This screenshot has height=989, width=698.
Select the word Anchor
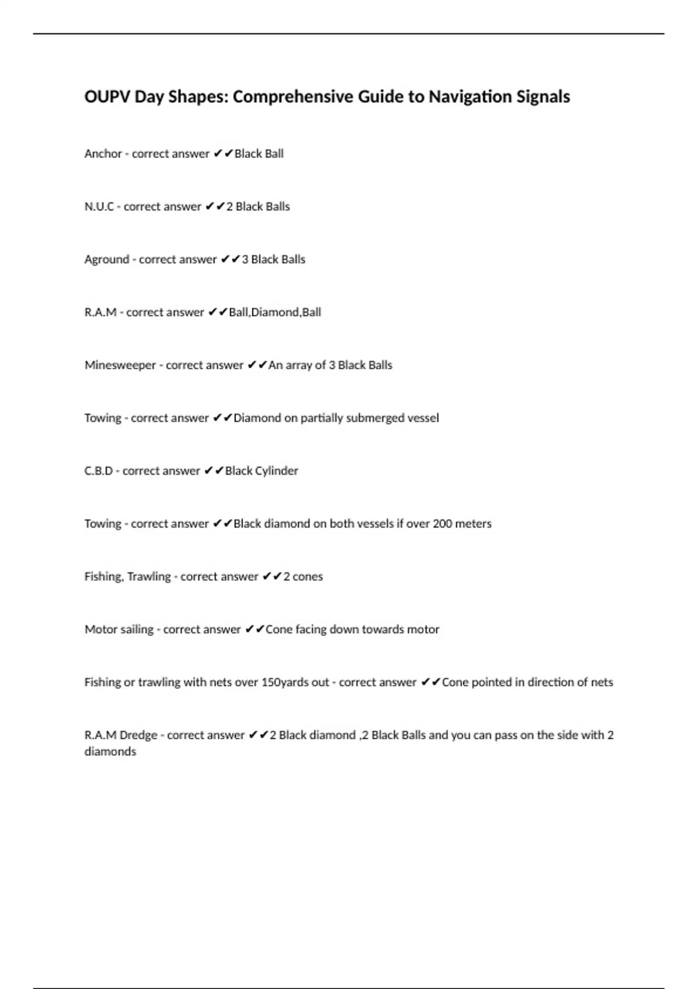click(103, 154)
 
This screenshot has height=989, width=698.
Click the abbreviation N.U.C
click(99, 207)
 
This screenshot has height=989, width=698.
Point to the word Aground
click(106, 259)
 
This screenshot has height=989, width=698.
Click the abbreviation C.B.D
click(98, 471)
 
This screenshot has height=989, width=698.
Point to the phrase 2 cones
click(302, 577)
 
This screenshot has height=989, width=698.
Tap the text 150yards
click(295, 682)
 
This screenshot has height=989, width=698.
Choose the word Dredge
click(138, 735)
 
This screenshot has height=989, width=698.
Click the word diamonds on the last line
click(110, 752)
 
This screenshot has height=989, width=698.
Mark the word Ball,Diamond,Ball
click(275, 312)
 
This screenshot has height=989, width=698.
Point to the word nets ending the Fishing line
click(601, 682)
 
